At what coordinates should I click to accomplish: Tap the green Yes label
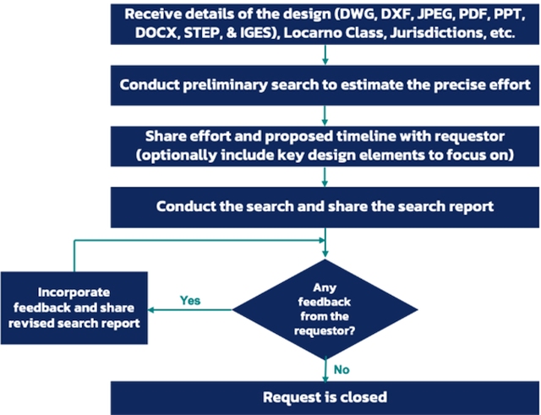(x=190, y=300)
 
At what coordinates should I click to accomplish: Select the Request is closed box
(x=325, y=397)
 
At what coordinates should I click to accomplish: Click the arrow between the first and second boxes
(x=325, y=56)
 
